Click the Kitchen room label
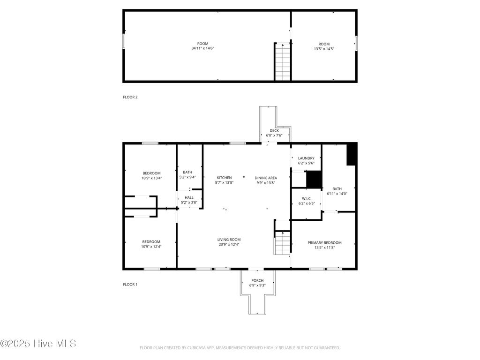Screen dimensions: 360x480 (224, 178)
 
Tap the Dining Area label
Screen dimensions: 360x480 (266, 178)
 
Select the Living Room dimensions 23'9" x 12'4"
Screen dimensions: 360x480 (229, 245)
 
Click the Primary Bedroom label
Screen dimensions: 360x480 (324, 243)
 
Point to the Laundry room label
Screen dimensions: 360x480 (306, 158)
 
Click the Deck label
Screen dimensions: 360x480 (274, 130)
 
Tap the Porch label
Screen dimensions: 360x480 (256, 280)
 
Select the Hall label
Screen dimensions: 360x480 (189, 198)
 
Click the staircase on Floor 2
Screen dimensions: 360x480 (283, 62)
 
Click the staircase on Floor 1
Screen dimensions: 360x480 (283, 243)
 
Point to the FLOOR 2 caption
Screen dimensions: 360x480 (130, 97)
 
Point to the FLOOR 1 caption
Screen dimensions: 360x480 (130, 285)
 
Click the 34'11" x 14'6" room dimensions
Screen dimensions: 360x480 (203, 48)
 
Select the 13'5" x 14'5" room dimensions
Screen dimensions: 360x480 (324, 48)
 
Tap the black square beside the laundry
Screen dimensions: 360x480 (314, 179)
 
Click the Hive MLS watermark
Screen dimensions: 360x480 (38, 344)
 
